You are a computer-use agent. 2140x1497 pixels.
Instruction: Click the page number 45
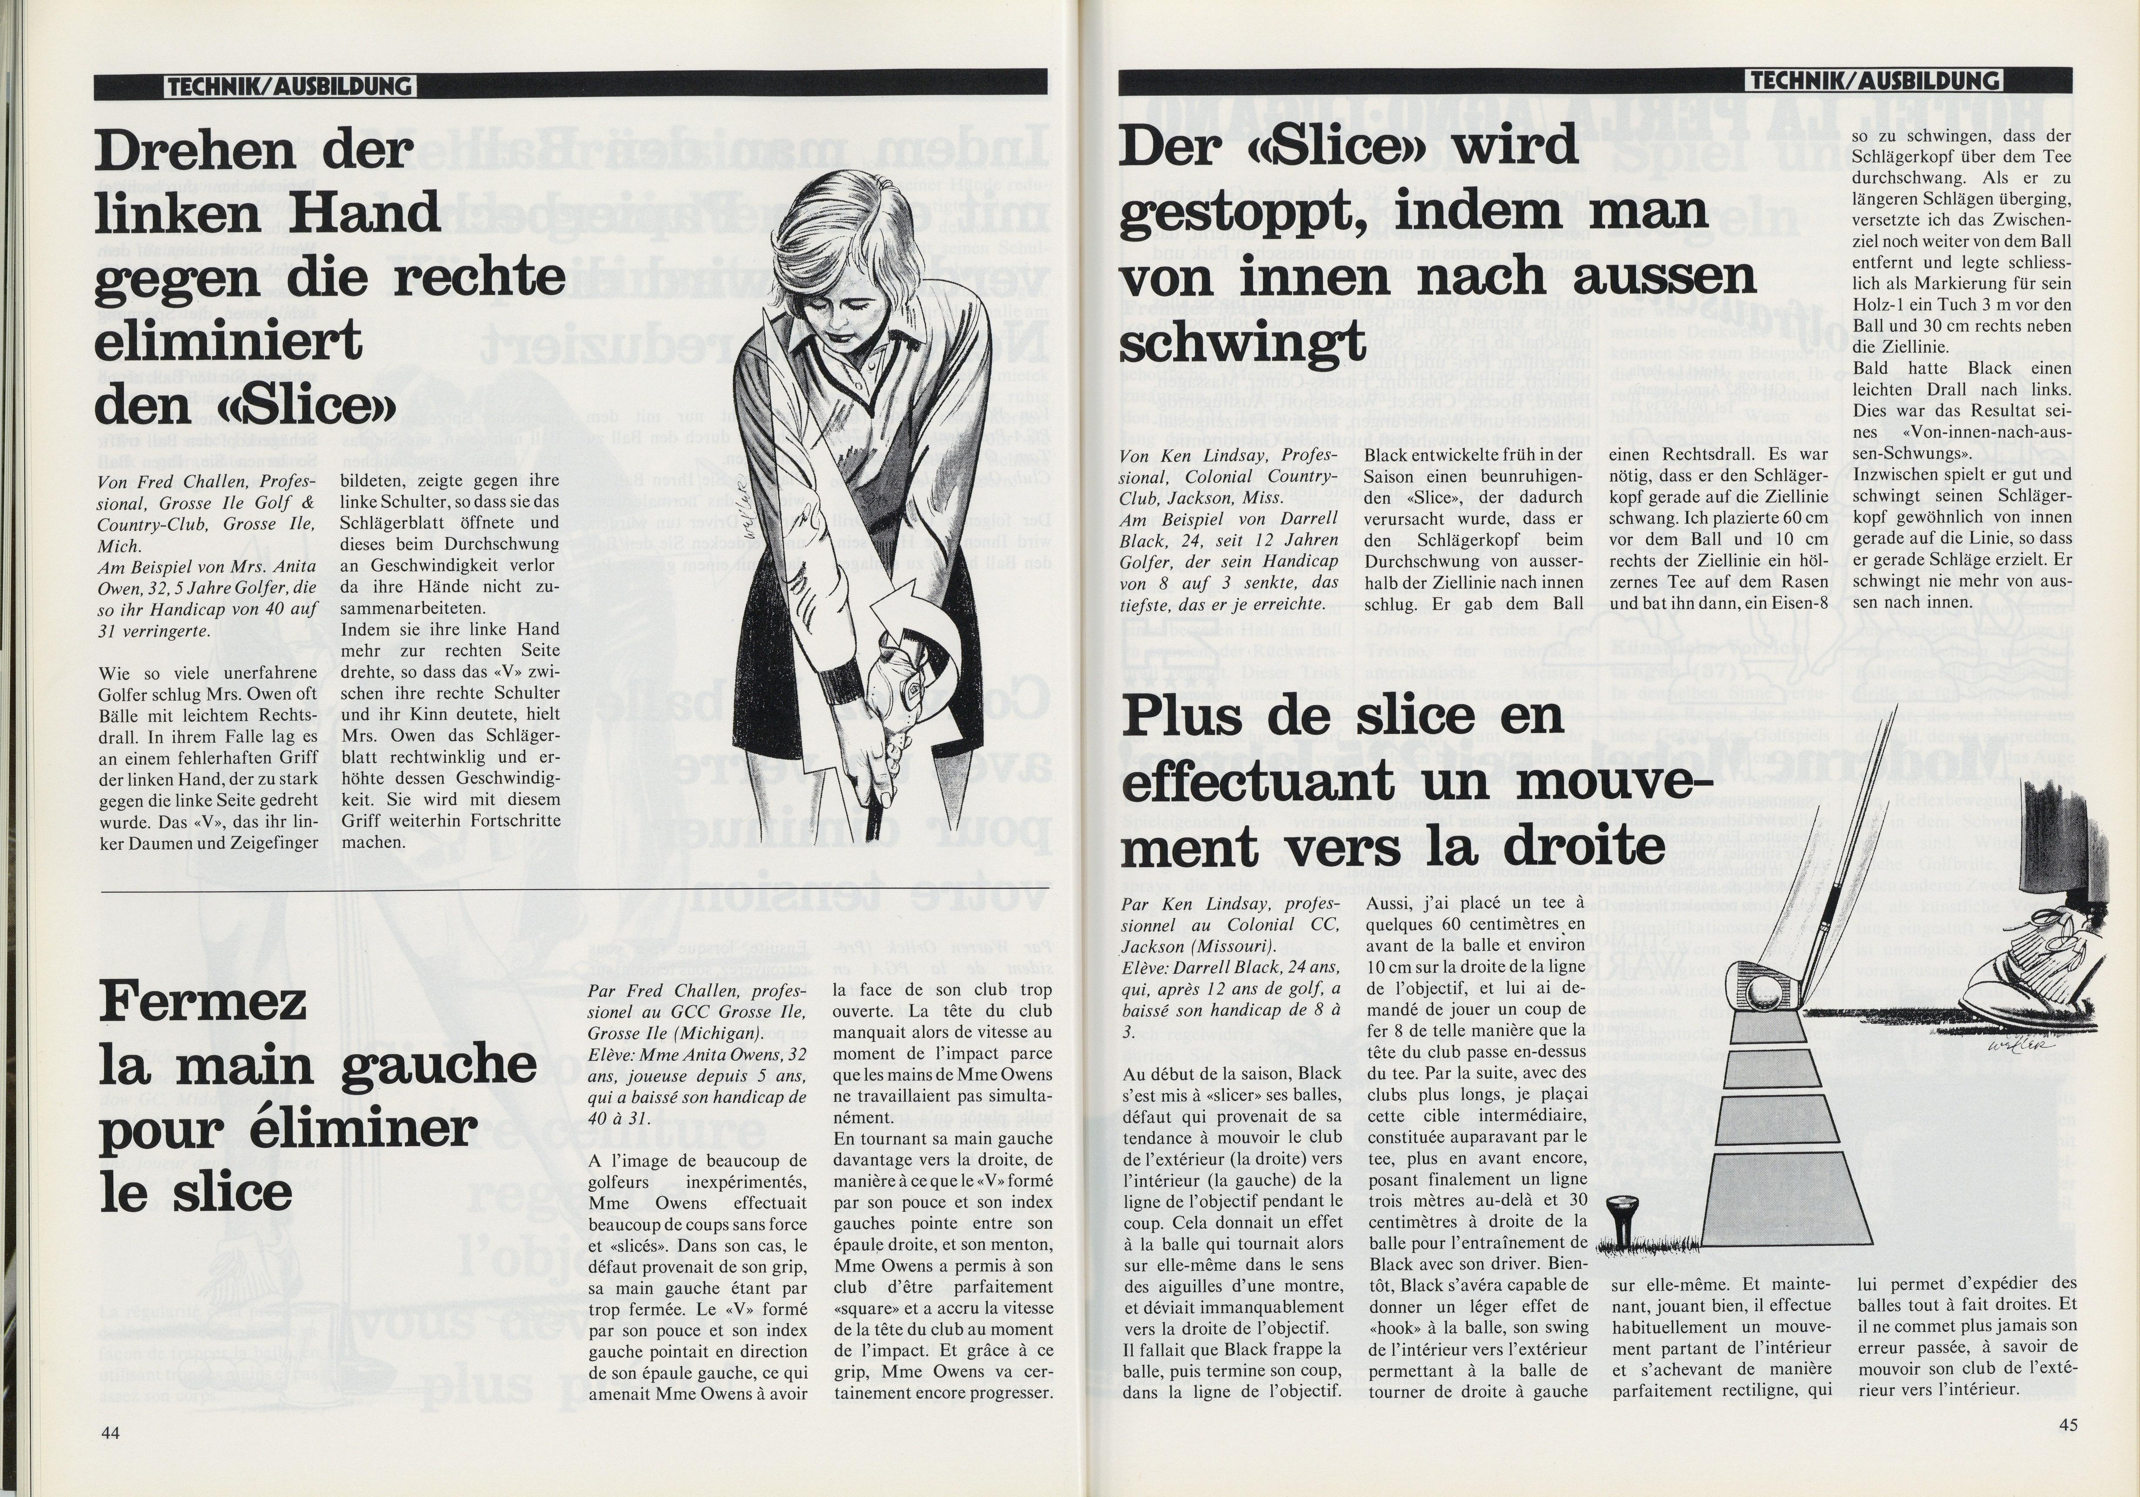click(x=2067, y=1424)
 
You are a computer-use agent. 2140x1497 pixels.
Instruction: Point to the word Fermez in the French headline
click(x=203, y=1002)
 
